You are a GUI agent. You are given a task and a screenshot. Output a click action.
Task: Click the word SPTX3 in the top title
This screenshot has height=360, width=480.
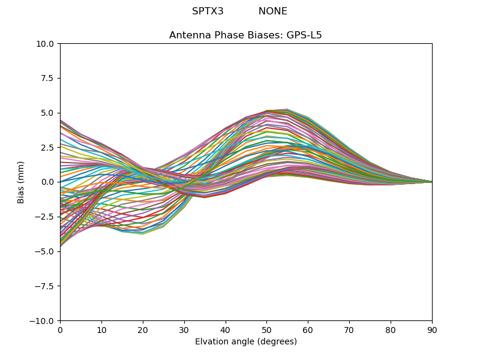(208, 11)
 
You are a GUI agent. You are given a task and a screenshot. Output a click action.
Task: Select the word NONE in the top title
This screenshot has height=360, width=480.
(273, 11)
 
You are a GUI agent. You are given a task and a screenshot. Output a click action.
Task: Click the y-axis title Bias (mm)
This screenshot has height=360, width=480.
(21, 182)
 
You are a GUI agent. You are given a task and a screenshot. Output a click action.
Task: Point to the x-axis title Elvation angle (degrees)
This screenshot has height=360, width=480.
(246, 342)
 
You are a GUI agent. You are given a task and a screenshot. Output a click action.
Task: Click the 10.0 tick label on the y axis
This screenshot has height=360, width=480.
(46, 44)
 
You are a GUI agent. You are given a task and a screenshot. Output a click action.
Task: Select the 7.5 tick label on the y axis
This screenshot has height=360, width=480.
(49, 78)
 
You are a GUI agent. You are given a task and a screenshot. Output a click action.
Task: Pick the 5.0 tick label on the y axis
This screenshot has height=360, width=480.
(49, 113)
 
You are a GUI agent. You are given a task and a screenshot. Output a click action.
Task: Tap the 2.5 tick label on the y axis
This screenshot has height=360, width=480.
(49, 148)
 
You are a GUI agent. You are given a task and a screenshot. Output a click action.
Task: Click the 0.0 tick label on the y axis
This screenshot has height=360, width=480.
(49, 182)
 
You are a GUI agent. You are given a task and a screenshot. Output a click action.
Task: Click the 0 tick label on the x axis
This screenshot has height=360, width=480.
(60, 330)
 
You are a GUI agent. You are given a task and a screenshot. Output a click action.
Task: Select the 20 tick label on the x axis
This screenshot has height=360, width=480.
(143, 330)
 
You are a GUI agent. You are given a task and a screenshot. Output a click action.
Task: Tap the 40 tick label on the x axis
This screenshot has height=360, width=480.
(226, 330)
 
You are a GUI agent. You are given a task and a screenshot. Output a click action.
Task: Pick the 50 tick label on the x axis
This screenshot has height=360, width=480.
(266, 330)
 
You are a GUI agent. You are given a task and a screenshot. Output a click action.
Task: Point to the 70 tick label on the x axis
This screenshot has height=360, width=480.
(349, 330)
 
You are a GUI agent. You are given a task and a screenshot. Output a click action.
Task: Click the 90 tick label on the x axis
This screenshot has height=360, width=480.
(432, 330)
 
